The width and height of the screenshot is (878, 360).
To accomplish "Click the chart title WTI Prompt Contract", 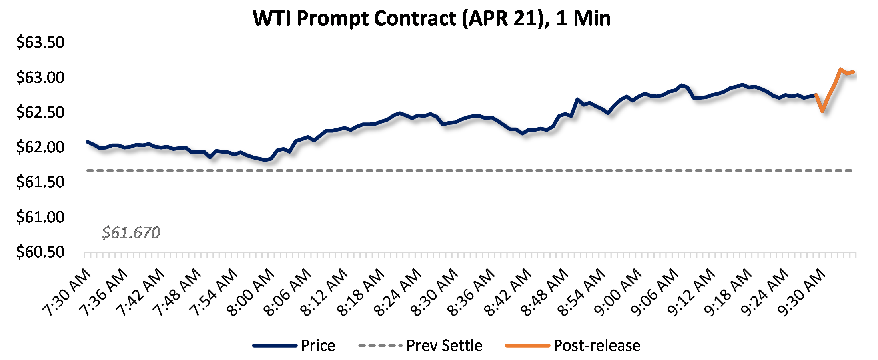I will pos(432,18).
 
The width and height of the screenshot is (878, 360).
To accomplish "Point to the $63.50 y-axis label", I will pos(40,42).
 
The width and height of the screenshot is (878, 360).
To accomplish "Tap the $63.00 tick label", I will pos(40,77).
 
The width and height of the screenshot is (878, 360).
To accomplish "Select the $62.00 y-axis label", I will pos(40,147).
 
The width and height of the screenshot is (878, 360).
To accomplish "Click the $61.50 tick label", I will pos(40,182).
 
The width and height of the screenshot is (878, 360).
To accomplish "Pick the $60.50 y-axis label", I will pos(40,252).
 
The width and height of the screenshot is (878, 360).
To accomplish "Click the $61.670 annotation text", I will pos(131,232).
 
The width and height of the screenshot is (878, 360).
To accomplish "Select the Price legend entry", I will pos(318,346).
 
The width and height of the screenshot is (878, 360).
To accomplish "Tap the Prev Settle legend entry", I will pos(444,346).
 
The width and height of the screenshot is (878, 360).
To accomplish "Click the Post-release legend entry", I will pos(597,346).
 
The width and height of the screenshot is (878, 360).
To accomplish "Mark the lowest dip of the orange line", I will pos(822,111).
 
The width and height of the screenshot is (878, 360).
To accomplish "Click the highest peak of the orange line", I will pos(841,69).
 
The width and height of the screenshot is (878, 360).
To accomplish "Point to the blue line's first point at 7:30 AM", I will pos(88,142).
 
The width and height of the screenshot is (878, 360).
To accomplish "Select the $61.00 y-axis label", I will pos(40,217).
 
